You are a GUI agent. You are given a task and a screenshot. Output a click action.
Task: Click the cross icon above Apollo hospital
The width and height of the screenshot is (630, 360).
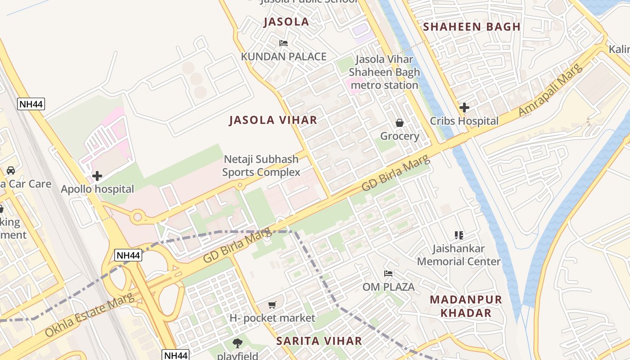[x=97, y=176]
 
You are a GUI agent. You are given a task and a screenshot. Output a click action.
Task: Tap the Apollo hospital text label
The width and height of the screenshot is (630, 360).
[x=98, y=189]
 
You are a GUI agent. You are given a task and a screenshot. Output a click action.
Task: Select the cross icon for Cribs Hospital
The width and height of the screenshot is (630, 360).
[x=464, y=108]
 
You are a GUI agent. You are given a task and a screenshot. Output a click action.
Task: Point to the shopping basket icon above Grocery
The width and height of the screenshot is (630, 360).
[x=399, y=123]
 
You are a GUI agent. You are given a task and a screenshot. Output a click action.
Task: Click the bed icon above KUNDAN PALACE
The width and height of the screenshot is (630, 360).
[x=283, y=43]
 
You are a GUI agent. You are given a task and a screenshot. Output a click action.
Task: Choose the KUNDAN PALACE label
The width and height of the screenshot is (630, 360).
[x=283, y=57]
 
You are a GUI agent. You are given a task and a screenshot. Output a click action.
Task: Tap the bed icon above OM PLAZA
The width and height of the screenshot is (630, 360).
[x=388, y=274]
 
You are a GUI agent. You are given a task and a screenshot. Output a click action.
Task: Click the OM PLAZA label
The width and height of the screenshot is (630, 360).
[x=388, y=287]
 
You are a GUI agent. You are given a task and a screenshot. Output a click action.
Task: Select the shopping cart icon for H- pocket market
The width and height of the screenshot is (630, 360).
[x=272, y=305]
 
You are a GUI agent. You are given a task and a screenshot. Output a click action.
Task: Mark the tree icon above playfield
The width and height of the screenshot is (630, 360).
[x=238, y=343]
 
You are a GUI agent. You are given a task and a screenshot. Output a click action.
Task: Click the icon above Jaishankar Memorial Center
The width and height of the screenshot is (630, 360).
[x=459, y=235]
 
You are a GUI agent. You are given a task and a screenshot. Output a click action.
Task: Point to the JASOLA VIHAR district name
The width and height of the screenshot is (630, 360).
[x=273, y=120]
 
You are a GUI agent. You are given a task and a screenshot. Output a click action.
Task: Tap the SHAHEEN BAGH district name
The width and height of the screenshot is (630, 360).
[x=472, y=27]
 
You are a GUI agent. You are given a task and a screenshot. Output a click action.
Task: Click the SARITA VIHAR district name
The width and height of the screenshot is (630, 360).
[x=319, y=341]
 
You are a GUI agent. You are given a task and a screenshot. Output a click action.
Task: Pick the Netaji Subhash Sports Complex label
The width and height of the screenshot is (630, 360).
[x=261, y=166]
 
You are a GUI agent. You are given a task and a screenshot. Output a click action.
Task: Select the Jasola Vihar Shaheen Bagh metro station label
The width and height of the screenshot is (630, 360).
[x=384, y=72]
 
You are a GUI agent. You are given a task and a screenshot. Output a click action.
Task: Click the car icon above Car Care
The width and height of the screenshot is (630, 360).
[x=11, y=171]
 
